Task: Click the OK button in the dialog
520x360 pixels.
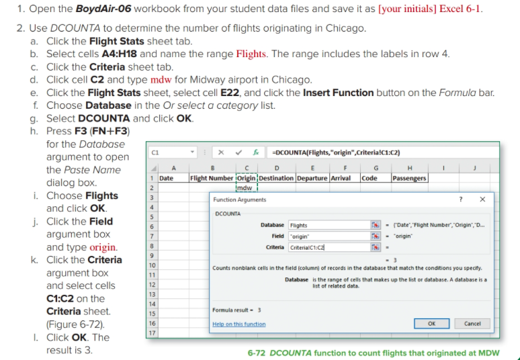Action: point(431,324)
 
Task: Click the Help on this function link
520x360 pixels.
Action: point(239,324)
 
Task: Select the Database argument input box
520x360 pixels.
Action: point(329,225)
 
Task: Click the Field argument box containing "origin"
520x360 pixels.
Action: point(329,236)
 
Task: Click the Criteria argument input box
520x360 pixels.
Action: point(329,247)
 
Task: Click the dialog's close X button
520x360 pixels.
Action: point(482,199)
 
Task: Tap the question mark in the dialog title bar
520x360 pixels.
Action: point(461,199)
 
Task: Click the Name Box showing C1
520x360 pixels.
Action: point(173,152)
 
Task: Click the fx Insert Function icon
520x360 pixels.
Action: point(256,152)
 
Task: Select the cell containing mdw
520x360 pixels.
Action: point(247,188)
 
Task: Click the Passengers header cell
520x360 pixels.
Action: point(410,179)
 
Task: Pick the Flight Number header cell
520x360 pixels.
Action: point(212,179)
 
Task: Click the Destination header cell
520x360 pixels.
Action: point(276,179)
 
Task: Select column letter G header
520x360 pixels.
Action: point(376,168)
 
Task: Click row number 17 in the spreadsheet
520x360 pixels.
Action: point(152,333)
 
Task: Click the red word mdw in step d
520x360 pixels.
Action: point(161,80)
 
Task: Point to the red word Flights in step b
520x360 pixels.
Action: point(251,54)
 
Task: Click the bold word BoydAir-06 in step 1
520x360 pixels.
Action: point(103,9)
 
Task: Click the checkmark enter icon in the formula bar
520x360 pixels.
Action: point(239,152)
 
